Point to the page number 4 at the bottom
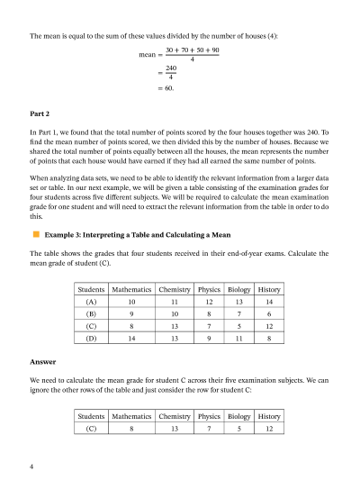click(32, 467)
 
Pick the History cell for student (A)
click(269, 303)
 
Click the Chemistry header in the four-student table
click(174, 291)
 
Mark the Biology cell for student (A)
click(239, 303)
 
